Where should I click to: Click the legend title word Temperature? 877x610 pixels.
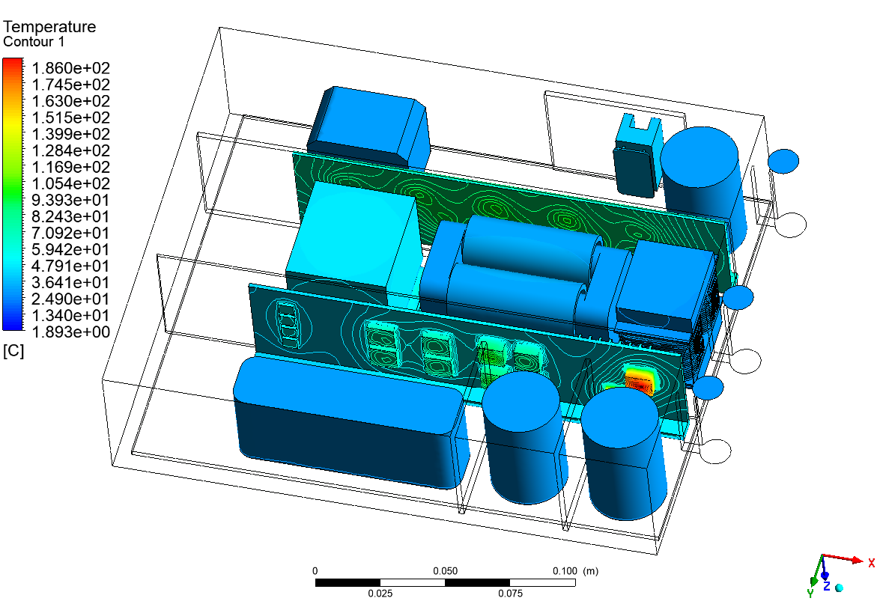tap(49, 26)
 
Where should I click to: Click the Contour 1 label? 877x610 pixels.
tap(34, 42)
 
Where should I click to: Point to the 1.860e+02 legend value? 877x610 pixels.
tap(70, 68)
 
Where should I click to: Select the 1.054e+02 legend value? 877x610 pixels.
tap(70, 183)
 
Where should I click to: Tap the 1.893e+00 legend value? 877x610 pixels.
tap(70, 332)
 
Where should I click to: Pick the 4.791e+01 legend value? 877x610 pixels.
tap(70, 266)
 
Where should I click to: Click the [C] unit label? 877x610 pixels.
tap(13, 351)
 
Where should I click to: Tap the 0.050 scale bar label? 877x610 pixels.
tap(445, 571)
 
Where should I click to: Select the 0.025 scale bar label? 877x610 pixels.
tap(380, 594)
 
